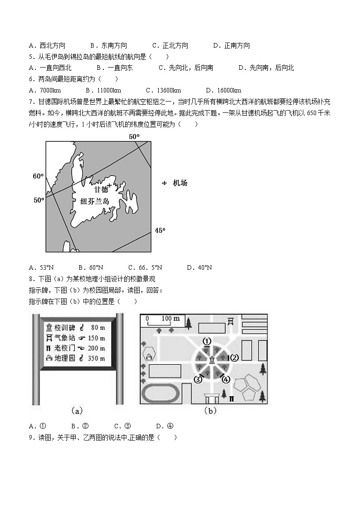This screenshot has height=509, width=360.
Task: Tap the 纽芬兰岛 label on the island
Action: tap(95, 202)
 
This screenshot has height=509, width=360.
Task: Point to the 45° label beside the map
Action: tap(160, 231)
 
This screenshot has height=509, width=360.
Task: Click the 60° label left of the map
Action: tap(38, 176)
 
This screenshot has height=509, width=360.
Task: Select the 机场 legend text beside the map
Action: tap(180, 183)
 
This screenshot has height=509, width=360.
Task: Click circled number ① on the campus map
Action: tap(207, 341)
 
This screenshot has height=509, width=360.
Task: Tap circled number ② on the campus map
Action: tap(234, 358)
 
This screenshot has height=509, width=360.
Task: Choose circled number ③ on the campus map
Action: tap(198, 379)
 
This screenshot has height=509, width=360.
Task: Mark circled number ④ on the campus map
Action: tap(226, 379)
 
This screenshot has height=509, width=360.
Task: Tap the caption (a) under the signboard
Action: tap(77, 411)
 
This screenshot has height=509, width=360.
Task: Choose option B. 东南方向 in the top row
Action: tap(108, 45)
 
